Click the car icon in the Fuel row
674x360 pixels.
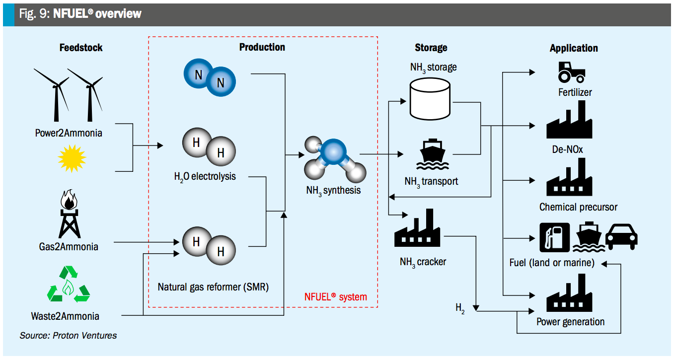click(x=621, y=236)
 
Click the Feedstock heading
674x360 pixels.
click(x=81, y=48)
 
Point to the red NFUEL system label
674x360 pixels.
click(x=335, y=297)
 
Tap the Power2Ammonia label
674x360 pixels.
click(x=69, y=133)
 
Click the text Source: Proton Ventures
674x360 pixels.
click(x=68, y=336)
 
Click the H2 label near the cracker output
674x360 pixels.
click(x=460, y=308)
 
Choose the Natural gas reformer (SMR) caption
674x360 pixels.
click(x=213, y=287)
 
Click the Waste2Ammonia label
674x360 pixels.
click(x=65, y=316)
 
